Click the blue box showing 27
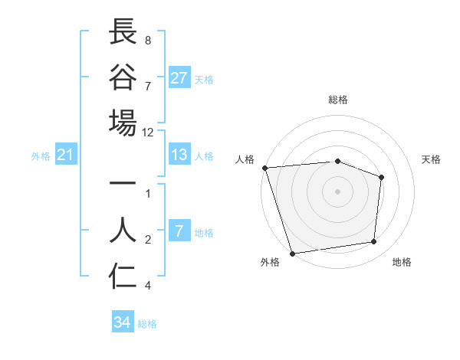coord(179,78)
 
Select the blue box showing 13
coord(179,155)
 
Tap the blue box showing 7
coord(179,231)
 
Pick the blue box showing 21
coord(66,155)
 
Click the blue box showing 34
coord(123,322)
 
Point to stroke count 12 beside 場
coord(148,132)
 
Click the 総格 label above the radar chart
coord(337,100)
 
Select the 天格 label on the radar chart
coord(431,159)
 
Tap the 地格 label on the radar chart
coord(402,262)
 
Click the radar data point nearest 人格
coord(264,167)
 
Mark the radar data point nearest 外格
coord(292,253)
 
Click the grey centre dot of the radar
coord(337,191)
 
